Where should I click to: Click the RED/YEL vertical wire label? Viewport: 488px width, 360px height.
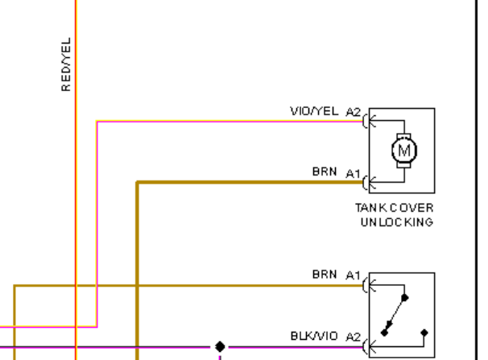pos(66,64)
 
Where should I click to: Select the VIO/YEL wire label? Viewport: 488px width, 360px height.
pos(314,111)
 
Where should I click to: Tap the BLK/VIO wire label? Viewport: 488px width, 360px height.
pos(314,336)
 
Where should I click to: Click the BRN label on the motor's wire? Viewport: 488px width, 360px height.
pos(325,172)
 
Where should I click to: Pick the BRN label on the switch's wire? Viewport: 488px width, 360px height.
pos(325,274)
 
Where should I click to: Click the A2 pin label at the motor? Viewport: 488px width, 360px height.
pos(354,112)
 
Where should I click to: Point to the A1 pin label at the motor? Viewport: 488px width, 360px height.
pos(354,174)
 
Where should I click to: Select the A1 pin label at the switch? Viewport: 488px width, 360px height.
pos(354,275)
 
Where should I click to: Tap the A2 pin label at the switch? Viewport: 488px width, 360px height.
pos(354,337)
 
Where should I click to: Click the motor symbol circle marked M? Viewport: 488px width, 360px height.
pos(404,151)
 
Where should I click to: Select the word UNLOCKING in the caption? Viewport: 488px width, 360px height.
pos(397,222)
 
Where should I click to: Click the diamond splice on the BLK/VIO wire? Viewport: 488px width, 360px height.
pos(220,346)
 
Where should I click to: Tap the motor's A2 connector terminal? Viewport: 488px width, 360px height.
pos(369,121)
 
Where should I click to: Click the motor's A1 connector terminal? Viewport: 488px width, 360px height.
pos(369,182)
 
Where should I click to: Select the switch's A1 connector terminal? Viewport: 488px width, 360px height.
pos(369,285)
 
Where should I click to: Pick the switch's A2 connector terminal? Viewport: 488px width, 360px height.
pos(369,346)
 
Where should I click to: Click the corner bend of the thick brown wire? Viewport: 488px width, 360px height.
pos(137,182)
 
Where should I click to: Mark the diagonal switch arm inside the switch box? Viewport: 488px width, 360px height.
pos(395,315)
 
